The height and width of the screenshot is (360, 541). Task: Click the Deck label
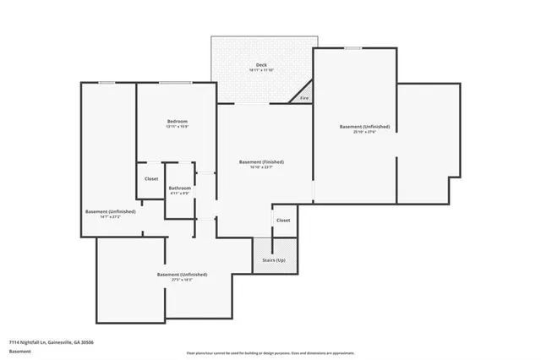(262, 65)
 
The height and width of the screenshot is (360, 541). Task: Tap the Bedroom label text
(177, 122)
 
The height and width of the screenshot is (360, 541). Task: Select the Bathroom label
(179, 188)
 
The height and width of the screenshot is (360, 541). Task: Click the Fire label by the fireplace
(304, 99)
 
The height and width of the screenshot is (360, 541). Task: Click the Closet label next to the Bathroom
(151, 178)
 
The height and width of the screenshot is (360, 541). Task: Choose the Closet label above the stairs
(283, 220)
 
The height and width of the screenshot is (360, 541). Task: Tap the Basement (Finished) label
(261, 161)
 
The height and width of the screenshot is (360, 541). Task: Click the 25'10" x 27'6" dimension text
(357, 132)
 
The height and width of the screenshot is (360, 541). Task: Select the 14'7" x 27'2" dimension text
(110, 217)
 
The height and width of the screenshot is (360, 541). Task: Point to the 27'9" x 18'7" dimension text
(182, 280)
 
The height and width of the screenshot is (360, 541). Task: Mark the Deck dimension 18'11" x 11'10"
(262, 71)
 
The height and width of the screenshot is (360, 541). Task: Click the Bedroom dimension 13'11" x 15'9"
(177, 128)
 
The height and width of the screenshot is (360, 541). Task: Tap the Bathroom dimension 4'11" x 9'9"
(179, 194)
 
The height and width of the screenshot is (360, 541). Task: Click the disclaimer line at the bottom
(270, 352)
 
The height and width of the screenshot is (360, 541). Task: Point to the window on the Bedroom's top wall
(175, 83)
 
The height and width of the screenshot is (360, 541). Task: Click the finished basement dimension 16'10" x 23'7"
(261, 167)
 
